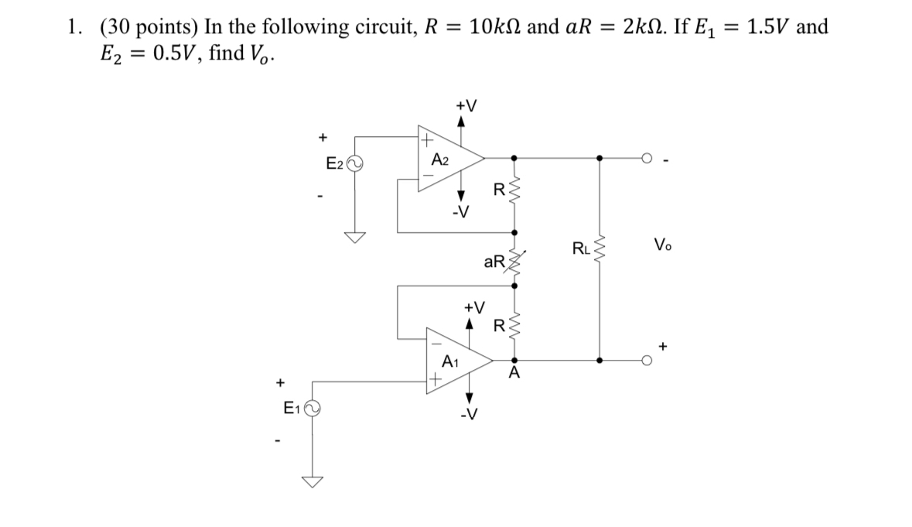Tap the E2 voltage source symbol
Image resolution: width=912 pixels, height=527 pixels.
[x=356, y=163]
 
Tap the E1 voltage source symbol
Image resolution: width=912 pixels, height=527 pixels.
[x=313, y=408]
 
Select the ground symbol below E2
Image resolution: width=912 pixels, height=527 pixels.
[x=355, y=237]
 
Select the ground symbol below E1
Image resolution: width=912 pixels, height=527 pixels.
[x=313, y=481]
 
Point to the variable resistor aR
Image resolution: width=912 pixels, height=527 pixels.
[x=515, y=263]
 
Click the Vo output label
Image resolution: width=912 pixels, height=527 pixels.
[x=663, y=245]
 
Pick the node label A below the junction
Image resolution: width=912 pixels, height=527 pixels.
[x=514, y=375]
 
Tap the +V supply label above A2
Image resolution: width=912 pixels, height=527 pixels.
[x=466, y=105]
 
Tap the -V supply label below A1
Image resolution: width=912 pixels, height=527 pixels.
[x=466, y=419]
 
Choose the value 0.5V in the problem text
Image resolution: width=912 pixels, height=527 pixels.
[x=164, y=57]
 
